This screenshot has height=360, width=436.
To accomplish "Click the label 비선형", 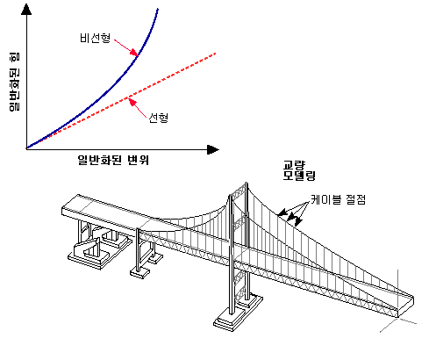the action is click(x=96, y=38).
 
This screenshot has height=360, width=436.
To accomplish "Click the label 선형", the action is click(x=159, y=118).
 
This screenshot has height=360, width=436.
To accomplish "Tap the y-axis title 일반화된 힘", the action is click(x=14, y=82).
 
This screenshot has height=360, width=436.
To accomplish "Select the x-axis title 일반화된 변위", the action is click(x=113, y=160).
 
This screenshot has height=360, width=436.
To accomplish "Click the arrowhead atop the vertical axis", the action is click(x=26, y=9).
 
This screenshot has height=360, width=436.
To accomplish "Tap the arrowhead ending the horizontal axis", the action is click(x=213, y=149).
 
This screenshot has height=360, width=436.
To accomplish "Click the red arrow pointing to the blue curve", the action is click(x=125, y=47).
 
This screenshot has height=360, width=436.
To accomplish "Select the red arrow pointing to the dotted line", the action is click(x=138, y=108).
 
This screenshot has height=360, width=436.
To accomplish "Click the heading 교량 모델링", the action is click(x=299, y=170).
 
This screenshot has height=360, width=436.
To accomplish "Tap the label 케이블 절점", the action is click(x=338, y=199).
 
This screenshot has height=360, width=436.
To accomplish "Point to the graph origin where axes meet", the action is click(x=26, y=149).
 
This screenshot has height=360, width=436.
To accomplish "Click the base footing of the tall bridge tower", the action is click(x=238, y=313).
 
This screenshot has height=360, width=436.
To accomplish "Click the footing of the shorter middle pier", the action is click(x=140, y=272).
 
